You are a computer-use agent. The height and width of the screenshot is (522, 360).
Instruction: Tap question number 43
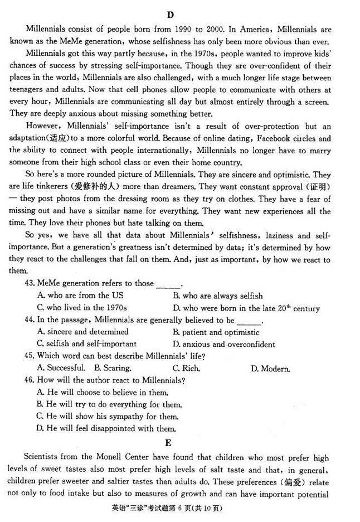pos(30,283)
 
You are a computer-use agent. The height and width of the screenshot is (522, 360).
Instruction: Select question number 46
pos(30,380)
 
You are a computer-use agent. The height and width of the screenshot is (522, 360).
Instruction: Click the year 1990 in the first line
pos(179,29)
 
